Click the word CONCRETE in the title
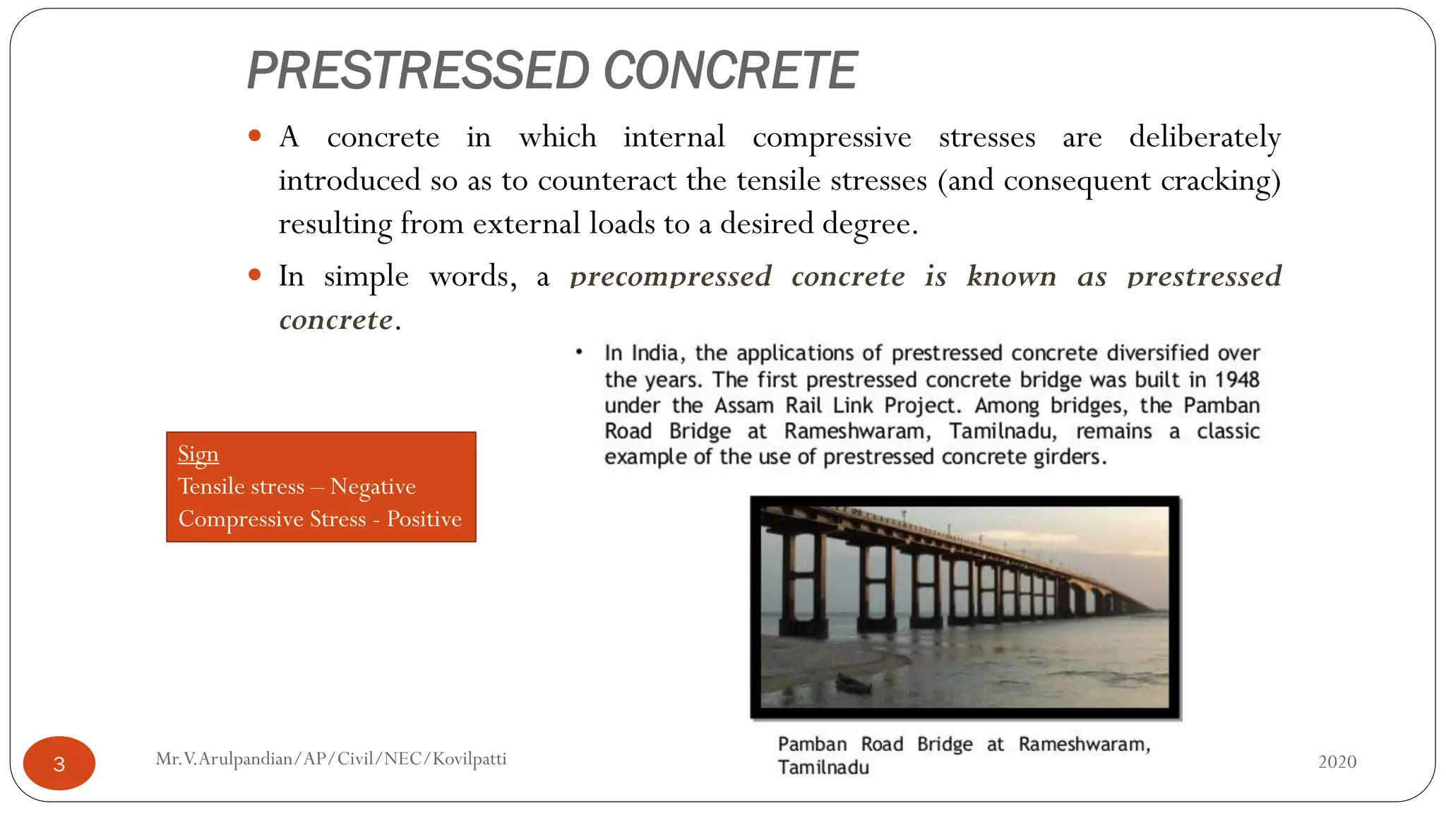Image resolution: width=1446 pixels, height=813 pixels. [730, 71]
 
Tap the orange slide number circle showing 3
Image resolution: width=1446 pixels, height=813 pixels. [59, 763]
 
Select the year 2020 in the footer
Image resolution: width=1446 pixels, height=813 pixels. [1337, 761]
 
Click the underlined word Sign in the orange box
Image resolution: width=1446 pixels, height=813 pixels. [198, 454]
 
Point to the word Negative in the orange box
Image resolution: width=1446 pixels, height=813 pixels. [373, 486]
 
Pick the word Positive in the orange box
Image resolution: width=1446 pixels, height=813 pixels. [424, 519]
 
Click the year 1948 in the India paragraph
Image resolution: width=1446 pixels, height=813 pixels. [1236, 380]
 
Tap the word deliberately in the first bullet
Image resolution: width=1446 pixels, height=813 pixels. [1205, 137]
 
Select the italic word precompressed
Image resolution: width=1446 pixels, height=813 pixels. [671, 277]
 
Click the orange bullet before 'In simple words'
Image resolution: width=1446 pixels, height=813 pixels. [255, 275]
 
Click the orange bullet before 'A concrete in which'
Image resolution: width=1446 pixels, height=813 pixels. [255, 135]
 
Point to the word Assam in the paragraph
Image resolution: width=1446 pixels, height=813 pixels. [744, 406]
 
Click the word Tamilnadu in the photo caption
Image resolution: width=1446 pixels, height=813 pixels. [823, 767]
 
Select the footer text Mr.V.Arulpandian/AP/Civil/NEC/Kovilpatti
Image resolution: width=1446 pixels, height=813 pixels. [331, 759]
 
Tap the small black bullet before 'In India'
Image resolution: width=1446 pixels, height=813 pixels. [579, 351]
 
